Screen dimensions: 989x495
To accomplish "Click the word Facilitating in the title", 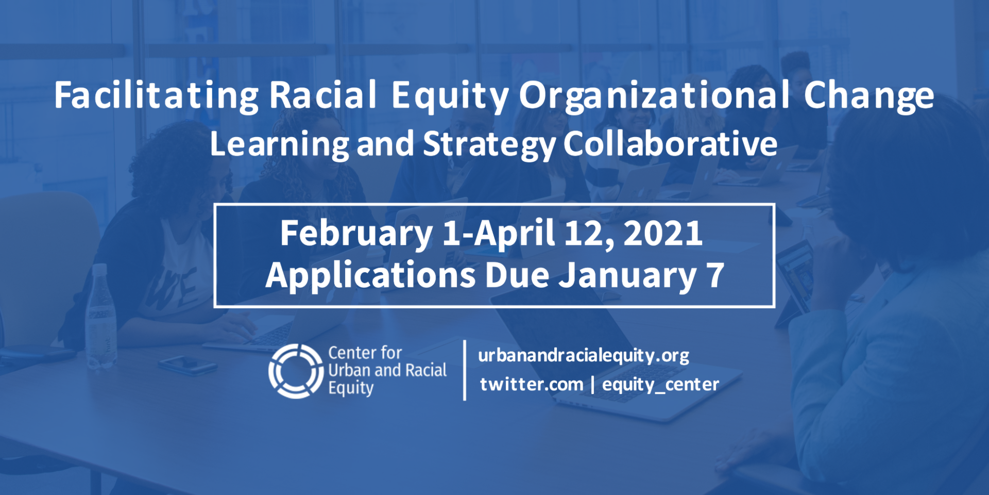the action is [157, 96].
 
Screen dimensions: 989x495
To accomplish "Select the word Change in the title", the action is [869, 96].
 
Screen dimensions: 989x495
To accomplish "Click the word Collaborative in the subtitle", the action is [670, 143].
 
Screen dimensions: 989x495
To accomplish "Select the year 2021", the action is [663, 233].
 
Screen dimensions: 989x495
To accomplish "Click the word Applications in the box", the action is [370, 276].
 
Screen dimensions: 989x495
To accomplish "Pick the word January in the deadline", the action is [628, 276].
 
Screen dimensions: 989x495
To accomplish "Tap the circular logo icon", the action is [296, 371].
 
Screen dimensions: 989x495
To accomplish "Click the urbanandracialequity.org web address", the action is [584, 356].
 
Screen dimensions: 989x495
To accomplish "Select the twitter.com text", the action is [532, 384].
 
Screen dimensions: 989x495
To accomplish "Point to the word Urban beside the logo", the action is [349, 370].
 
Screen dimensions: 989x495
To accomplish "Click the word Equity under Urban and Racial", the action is [351, 388].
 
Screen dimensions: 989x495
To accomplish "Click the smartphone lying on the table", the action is [187, 365].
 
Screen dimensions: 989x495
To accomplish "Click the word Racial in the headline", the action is [323, 96].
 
